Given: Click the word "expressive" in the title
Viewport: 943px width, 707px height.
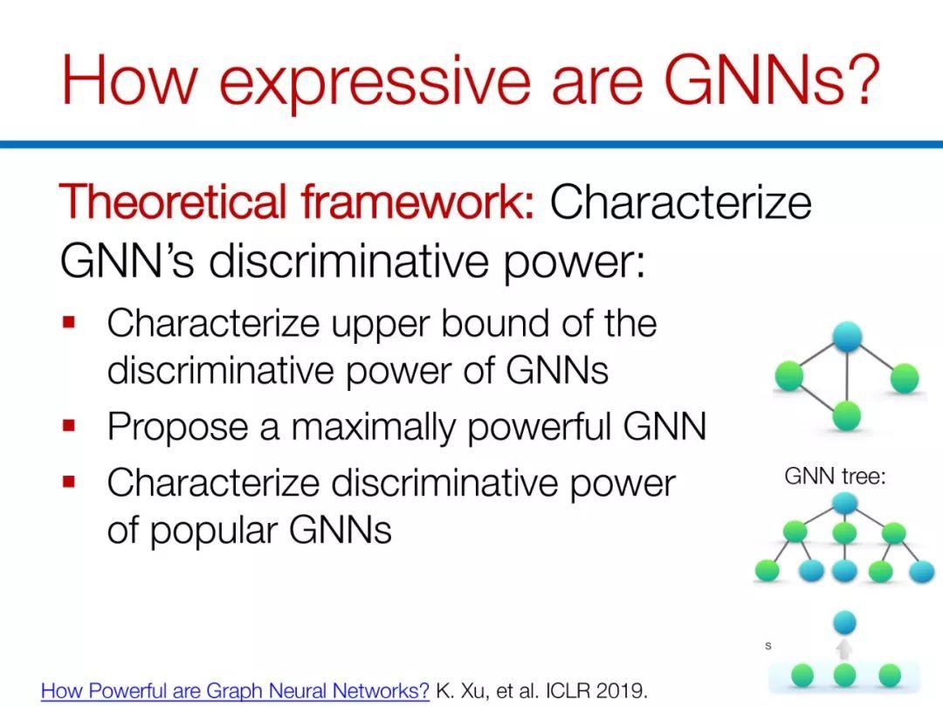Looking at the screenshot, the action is tap(375, 80).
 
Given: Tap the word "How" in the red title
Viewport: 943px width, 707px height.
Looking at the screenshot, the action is tap(129, 79).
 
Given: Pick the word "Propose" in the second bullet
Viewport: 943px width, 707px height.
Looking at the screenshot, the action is tap(177, 428).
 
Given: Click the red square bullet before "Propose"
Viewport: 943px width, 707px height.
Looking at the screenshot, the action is tap(69, 426).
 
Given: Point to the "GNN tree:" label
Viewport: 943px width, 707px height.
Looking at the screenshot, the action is tap(835, 477).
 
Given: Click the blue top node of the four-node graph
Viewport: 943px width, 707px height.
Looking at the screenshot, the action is tap(847, 337).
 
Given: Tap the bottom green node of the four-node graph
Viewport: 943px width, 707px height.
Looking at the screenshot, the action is tap(847, 415).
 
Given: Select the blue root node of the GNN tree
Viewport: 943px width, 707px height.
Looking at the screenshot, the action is tap(845, 504).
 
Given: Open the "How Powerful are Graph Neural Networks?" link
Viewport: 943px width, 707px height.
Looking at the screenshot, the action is tap(235, 690).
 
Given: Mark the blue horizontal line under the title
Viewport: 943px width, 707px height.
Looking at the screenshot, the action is tap(471, 144).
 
